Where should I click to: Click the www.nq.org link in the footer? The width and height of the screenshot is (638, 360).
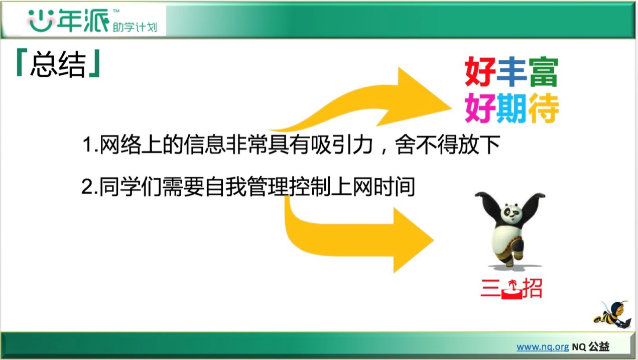[543, 347]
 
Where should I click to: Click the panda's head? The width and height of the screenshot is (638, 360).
[512, 212]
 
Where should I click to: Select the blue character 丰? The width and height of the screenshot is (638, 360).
[511, 71]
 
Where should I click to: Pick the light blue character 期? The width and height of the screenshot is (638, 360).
[511, 108]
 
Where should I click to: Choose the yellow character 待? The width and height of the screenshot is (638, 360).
[544, 108]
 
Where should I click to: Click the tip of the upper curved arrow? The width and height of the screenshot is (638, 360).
[451, 108]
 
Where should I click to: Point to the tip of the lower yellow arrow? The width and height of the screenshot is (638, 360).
[434, 240]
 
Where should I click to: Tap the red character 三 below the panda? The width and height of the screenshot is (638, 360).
[490, 288]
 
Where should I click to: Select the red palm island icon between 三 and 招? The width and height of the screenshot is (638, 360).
[512, 290]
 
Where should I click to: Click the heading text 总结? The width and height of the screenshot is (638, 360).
[58, 64]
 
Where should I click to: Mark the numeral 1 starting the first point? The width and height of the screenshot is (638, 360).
[86, 145]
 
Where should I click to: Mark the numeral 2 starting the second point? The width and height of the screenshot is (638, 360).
[86, 187]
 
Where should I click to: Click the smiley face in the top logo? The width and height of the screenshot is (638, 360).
[41, 21]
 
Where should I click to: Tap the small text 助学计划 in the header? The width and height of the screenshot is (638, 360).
[135, 27]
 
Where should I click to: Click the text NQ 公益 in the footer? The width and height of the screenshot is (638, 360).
[591, 347]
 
